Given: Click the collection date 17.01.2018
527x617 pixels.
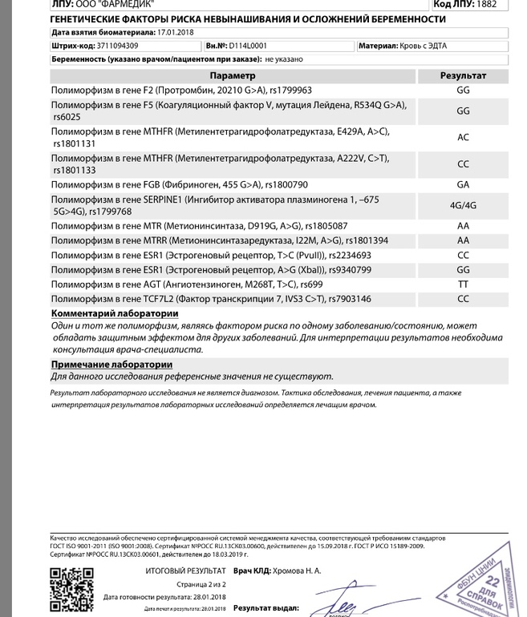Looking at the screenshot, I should (x=176, y=33).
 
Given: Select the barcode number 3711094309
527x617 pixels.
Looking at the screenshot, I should (x=113, y=46).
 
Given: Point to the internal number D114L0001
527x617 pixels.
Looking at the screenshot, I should (x=249, y=46).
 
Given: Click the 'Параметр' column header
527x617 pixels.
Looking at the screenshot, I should (x=233, y=76).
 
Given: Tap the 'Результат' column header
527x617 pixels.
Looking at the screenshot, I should (x=463, y=76).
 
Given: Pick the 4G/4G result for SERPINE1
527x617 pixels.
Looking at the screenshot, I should (x=463, y=205).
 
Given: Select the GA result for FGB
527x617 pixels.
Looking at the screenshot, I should (x=463, y=184).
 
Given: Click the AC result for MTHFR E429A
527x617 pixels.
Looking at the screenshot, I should (x=463, y=137).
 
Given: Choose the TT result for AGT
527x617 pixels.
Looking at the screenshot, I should (x=463, y=284).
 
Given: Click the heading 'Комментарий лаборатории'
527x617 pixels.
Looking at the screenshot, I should (x=115, y=313).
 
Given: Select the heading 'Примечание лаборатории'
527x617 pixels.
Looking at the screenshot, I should (x=111, y=365).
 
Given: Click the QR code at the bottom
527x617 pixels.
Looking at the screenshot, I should (x=71, y=591).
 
